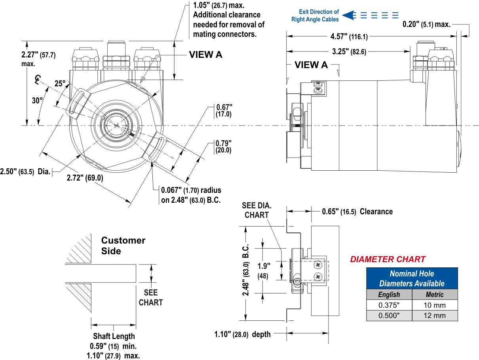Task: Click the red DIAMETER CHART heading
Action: tap(388, 259)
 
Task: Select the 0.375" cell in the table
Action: tap(389, 305)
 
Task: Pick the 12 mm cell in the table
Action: tap(435, 316)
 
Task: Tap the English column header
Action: tap(389, 294)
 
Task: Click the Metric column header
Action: tap(435, 294)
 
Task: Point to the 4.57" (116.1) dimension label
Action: tap(349, 36)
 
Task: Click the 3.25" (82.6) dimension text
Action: tap(349, 51)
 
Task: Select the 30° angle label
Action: tap(38, 101)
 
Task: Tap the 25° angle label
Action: tap(60, 84)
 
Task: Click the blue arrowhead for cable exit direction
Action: tap(348, 15)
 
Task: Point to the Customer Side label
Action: tap(123, 246)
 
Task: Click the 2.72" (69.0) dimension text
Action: tap(85, 178)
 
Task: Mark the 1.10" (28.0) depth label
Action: tap(243, 334)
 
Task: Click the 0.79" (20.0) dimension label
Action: tap(223, 147)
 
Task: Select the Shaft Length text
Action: tap(114, 336)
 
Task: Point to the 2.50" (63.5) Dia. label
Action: tap(25, 171)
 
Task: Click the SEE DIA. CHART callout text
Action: tap(257, 210)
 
